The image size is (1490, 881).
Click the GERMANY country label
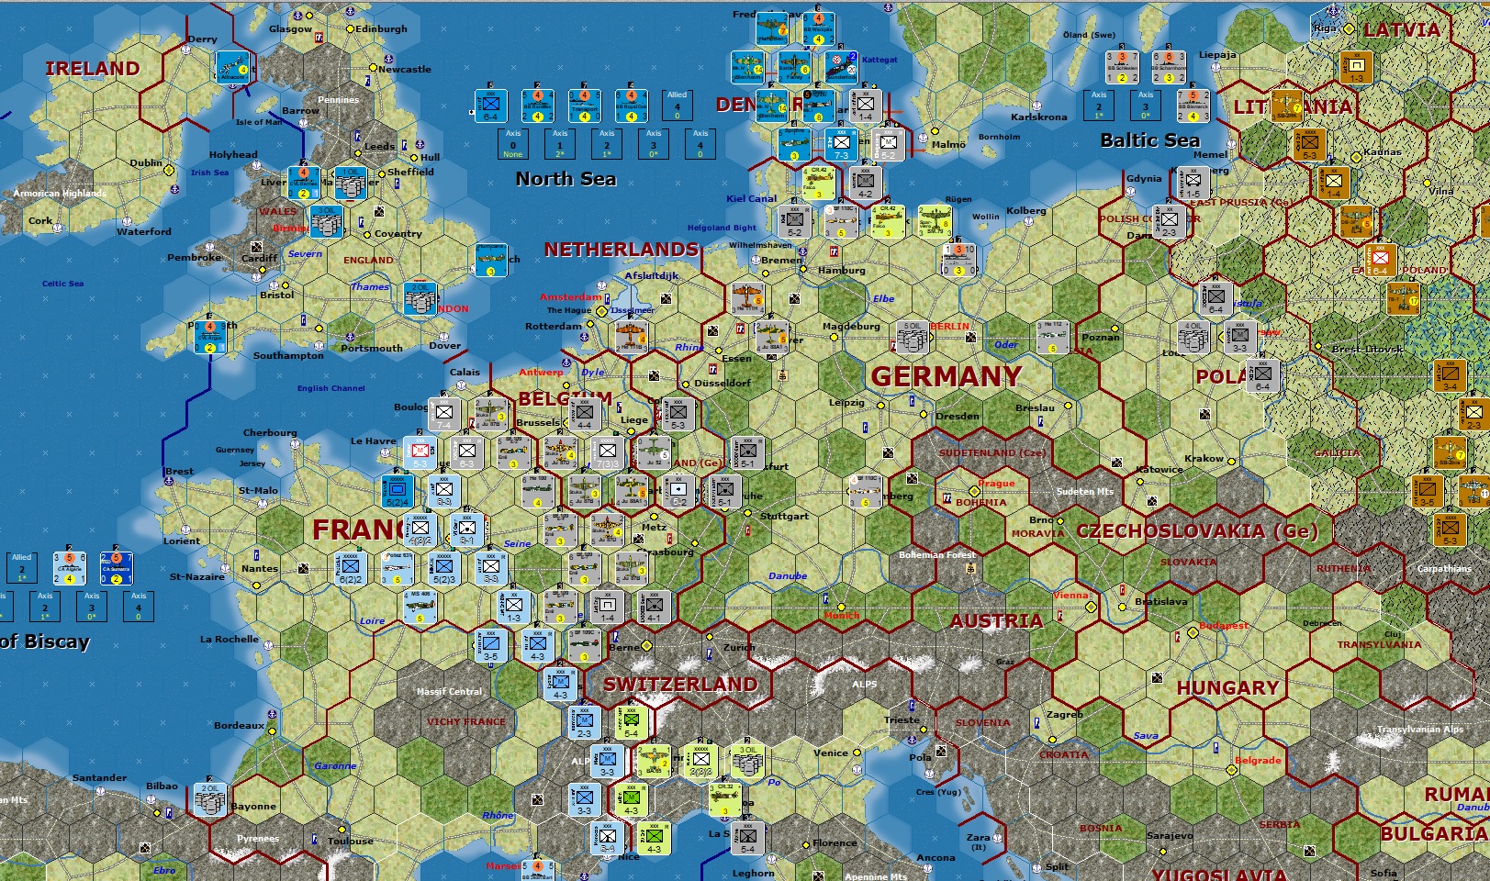coord(946,377)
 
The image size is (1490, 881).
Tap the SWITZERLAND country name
coord(680,685)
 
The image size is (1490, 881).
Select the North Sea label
coord(566,179)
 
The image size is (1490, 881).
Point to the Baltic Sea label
coord(1149,140)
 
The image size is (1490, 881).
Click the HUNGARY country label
coord(1227,688)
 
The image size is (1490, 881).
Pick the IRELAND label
coord(93,69)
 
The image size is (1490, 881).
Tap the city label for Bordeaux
coord(239,726)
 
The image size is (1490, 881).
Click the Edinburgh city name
coord(381,29)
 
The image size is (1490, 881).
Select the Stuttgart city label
coord(784,516)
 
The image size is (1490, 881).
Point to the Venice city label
coord(830,753)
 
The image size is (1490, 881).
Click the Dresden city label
coord(958,416)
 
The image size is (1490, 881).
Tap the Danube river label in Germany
coord(788,576)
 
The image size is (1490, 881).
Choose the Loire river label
coord(372,621)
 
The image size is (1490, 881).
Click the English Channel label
coord(330,388)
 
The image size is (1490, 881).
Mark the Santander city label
coord(99,778)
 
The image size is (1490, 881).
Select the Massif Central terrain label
coord(449,691)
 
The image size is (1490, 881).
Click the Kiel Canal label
coord(751,198)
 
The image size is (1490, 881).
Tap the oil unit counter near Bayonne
coord(210,799)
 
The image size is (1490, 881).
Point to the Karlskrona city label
coord(1038,117)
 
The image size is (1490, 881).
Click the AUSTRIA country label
coord(996,621)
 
